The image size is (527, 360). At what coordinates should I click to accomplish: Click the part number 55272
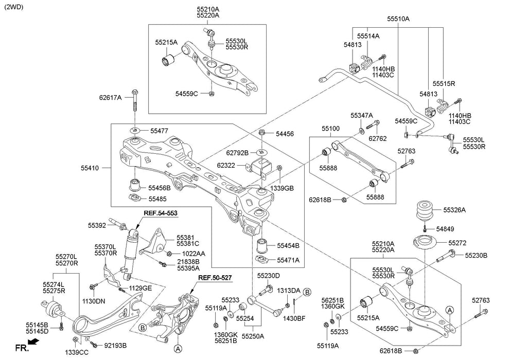[x=456, y=243]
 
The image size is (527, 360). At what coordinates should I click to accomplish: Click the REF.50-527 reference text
[x=215, y=278]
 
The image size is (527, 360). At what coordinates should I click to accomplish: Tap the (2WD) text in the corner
[x=14, y=7]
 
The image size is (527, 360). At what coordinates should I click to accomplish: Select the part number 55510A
[x=398, y=19]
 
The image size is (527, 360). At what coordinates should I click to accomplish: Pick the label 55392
[x=97, y=225]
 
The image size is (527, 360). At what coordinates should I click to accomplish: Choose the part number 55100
[x=331, y=128]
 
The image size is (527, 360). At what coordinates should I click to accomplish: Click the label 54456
[x=284, y=134]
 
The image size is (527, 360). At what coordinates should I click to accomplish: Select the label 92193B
[x=115, y=345]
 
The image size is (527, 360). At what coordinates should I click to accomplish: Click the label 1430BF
[x=294, y=318]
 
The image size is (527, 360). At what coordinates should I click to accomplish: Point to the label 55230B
[x=476, y=255]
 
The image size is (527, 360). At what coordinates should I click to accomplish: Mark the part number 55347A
[x=362, y=115]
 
